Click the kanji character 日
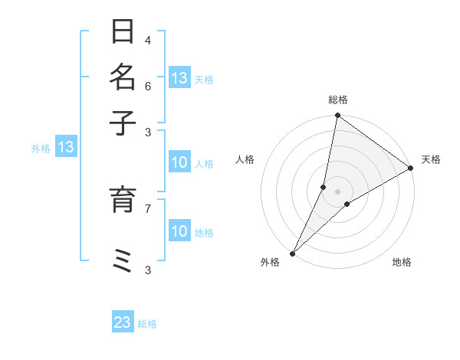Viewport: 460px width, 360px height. pos(123,32)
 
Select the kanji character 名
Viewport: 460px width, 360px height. pos(123,77)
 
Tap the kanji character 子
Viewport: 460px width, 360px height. pos(123,122)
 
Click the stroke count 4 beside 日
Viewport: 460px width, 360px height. pos(148,40)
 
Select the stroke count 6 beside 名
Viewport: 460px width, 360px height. pos(148,85)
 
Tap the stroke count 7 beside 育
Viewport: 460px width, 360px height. pos(148,208)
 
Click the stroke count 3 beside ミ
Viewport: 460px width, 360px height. pos(148,269)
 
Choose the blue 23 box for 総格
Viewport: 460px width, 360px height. pos(123,322)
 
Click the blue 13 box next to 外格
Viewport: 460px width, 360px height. pos(66,147)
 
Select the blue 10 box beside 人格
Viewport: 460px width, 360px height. pos(179,162)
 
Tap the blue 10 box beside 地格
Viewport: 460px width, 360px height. pos(179,231)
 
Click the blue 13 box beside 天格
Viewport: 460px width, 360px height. pos(179,78)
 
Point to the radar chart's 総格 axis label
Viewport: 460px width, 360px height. pos(337,100)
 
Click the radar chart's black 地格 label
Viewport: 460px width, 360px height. pos(402,263)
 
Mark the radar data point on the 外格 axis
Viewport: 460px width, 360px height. pos(293,253)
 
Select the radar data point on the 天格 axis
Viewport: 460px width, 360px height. pos(411,169)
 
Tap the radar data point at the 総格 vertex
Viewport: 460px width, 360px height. pos(337,116)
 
